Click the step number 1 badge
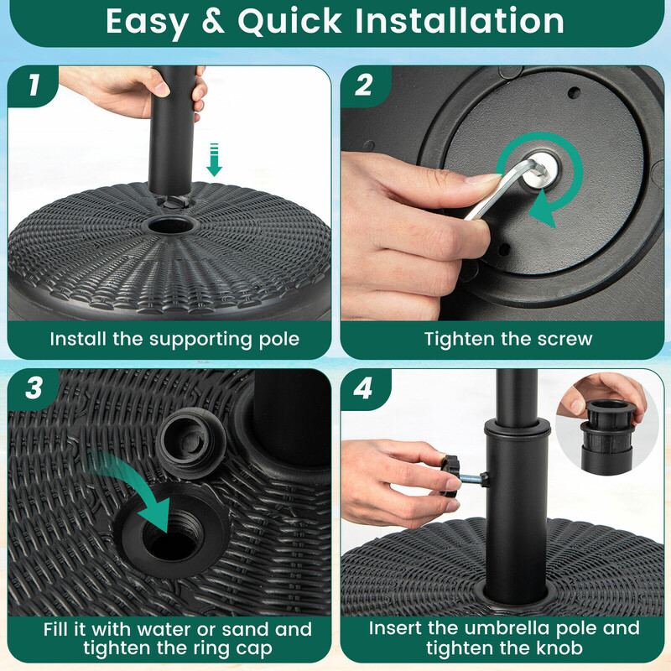coord(33,85)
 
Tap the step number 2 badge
coord(364,85)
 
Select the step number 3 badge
coord(33,388)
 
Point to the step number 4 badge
coord(364,388)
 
